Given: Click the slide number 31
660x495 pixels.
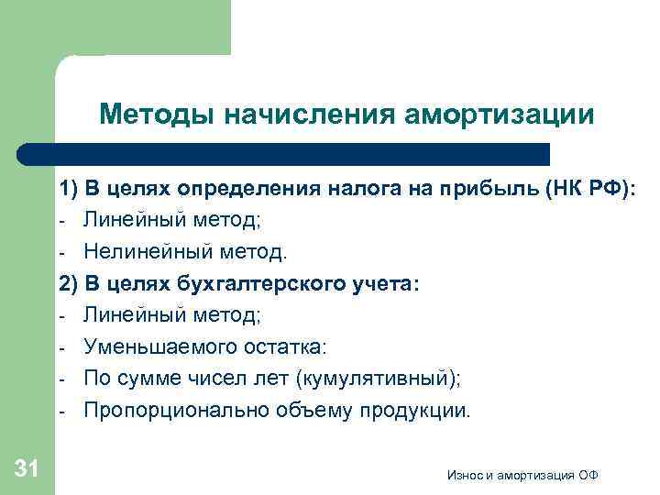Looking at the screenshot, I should pyautogui.click(x=27, y=469).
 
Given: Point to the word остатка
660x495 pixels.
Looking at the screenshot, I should pyautogui.click(x=283, y=347).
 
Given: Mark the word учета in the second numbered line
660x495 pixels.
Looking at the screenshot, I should pyautogui.click(x=377, y=284).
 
